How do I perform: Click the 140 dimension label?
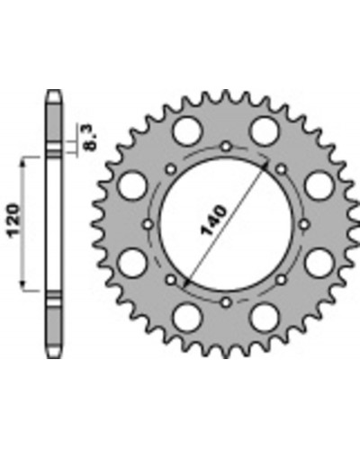click(213, 220)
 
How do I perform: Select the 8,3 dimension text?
click(89, 138)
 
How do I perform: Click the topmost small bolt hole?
click(227, 147)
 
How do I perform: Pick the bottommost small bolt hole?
click(227, 302)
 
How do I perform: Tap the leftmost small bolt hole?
click(148, 224)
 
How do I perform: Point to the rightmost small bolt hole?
click(304, 224)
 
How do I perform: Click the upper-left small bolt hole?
click(171, 169)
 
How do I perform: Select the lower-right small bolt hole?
click(282, 280)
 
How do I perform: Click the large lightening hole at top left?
click(187, 131)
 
